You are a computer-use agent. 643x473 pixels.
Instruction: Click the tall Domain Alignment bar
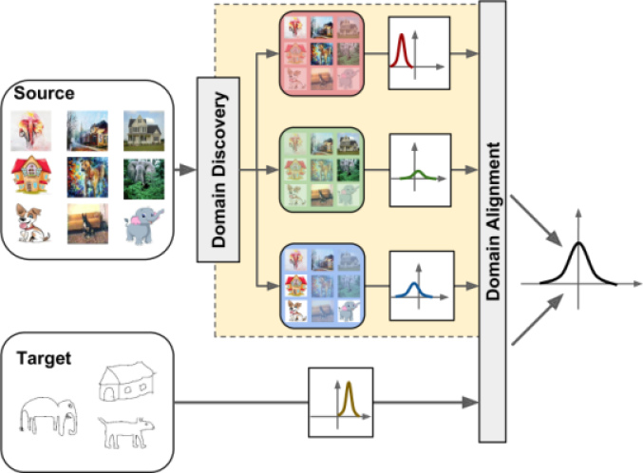492,223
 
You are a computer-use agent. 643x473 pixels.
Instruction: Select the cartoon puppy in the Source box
32,225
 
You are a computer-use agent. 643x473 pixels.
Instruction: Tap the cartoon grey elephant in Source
142,226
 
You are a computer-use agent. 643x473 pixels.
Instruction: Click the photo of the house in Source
142,131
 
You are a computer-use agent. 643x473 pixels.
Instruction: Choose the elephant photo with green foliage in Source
142,177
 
